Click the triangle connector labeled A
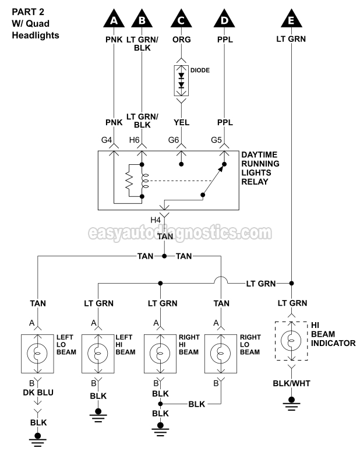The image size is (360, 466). [x=115, y=21]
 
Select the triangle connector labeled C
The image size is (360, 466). [x=182, y=21]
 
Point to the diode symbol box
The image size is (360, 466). [x=182, y=81]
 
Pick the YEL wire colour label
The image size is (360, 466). [x=182, y=122]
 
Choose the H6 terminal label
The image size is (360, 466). [x=134, y=140]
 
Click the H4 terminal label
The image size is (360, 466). [x=156, y=220]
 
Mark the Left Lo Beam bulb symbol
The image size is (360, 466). [x=38, y=354]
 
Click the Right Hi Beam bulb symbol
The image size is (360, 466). [x=161, y=354]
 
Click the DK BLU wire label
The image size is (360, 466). [x=38, y=393]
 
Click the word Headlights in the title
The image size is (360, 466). [x=36, y=35]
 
